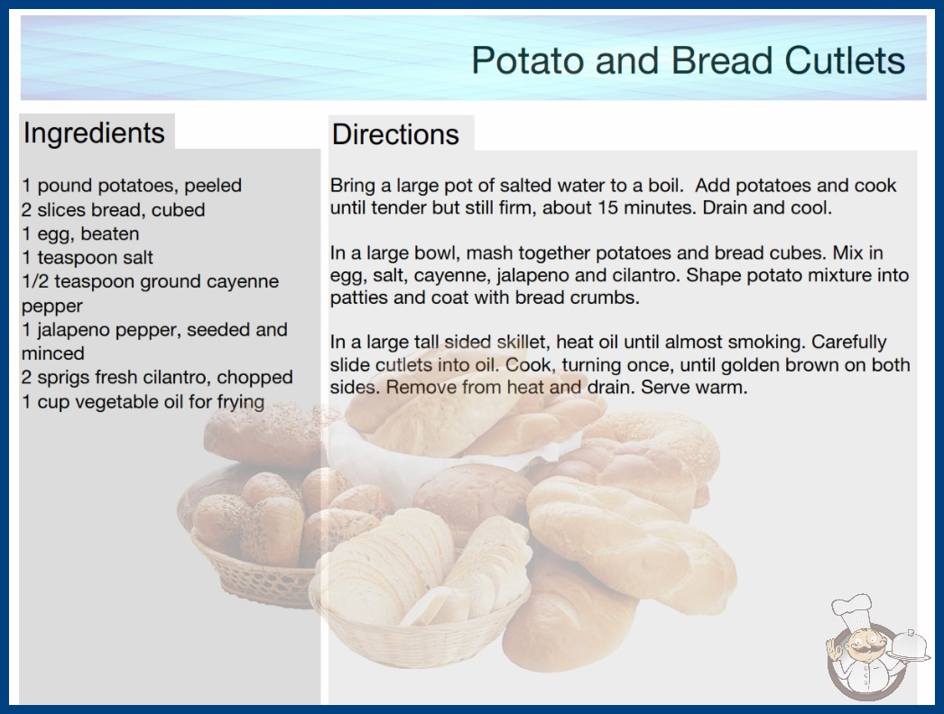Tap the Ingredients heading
(94, 133)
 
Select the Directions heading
(395, 134)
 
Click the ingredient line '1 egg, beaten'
(80, 233)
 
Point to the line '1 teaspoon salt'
(88, 258)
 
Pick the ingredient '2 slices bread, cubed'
(113, 209)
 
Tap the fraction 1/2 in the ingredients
(35, 281)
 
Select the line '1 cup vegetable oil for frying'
(143, 401)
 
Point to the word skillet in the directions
(521, 342)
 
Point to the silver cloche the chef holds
(909, 645)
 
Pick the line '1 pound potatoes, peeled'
(132, 186)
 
